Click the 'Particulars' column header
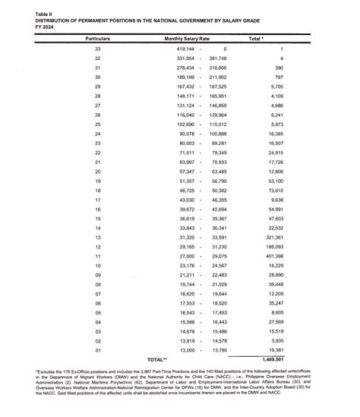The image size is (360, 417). pos(97,38)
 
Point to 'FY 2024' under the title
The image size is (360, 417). pos(43,27)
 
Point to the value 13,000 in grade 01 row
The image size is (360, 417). pos(186,350)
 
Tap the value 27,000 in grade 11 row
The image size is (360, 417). pos(186,269)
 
